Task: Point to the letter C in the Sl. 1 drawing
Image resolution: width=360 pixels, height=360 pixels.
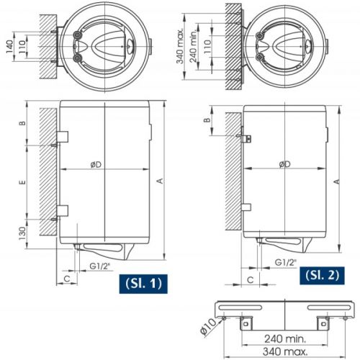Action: (67, 276)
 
